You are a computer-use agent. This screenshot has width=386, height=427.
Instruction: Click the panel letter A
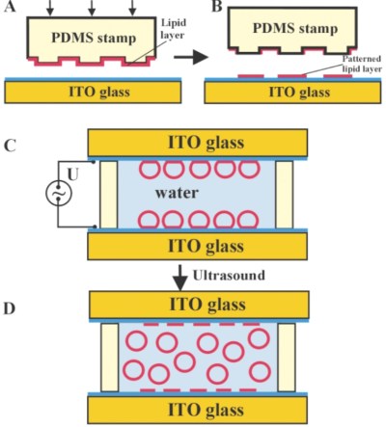coord(10,9)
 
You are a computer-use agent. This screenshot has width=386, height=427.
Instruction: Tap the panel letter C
coord(10,147)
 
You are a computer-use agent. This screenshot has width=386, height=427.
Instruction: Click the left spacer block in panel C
coord(108,194)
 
